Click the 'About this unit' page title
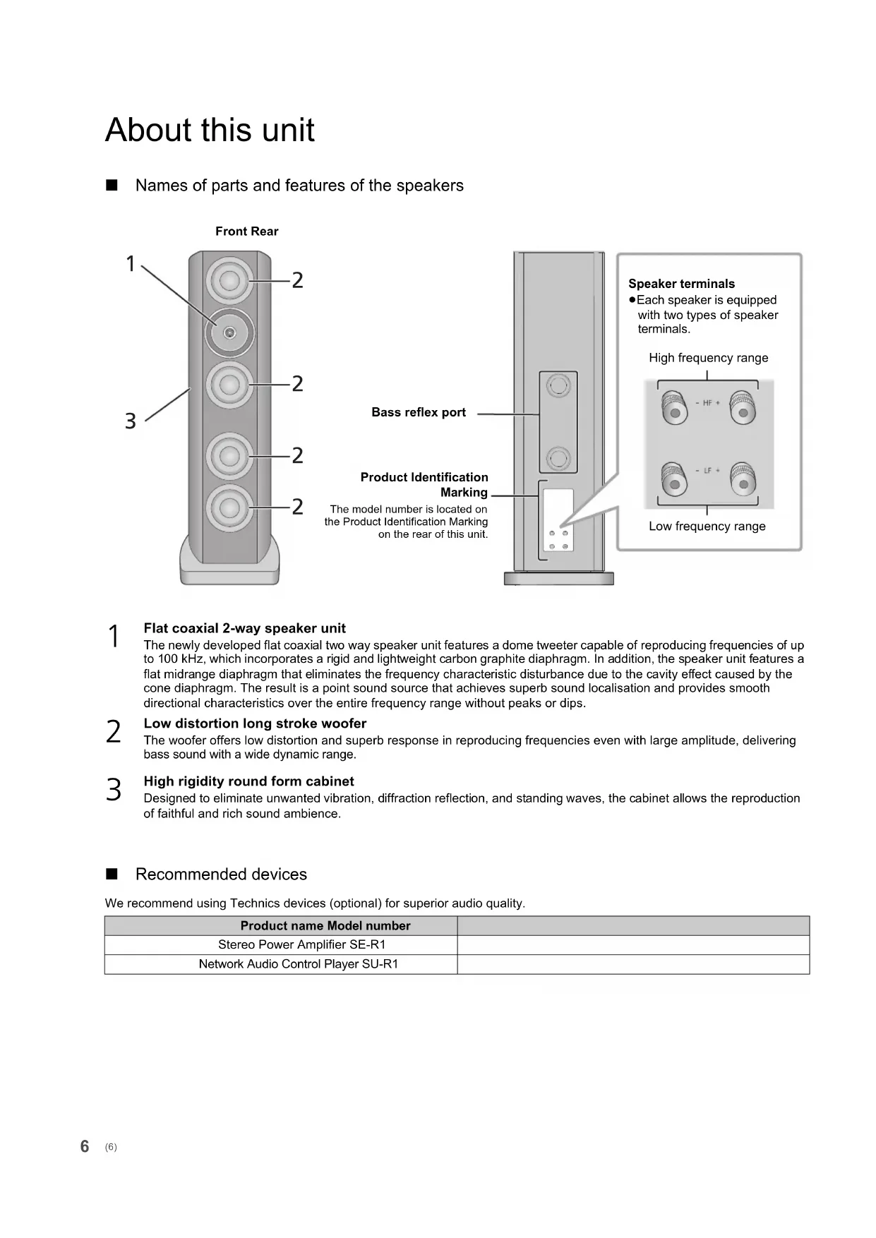click(x=210, y=131)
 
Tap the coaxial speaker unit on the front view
click(x=229, y=332)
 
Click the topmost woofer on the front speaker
click(x=229, y=280)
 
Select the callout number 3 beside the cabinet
click(x=130, y=421)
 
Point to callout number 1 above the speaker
click(x=131, y=264)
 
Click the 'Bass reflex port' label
click(x=419, y=413)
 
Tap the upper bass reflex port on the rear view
click(x=558, y=385)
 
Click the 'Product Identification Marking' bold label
click(x=424, y=485)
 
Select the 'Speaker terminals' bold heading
click(x=681, y=284)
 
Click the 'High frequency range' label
click(x=708, y=358)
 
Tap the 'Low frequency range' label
click(x=707, y=527)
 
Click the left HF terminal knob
click(x=673, y=409)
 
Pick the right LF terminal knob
click(x=743, y=479)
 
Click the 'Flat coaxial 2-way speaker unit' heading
click(x=244, y=628)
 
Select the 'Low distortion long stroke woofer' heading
click(x=255, y=723)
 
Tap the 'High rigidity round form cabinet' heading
click(x=248, y=781)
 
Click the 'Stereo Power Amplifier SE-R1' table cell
click(x=301, y=945)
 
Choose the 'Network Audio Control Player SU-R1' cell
click(x=298, y=964)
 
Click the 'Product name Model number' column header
click(x=325, y=926)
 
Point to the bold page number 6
click(x=85, y=1146)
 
